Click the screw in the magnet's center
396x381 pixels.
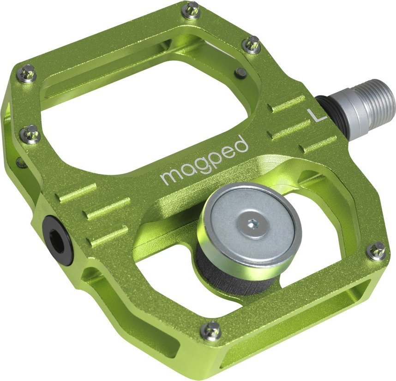tap(252, 224)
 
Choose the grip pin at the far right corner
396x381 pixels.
tap(377, 250)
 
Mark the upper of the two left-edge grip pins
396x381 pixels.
tap(28, 73)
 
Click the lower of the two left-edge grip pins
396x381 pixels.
tap(31, 134)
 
